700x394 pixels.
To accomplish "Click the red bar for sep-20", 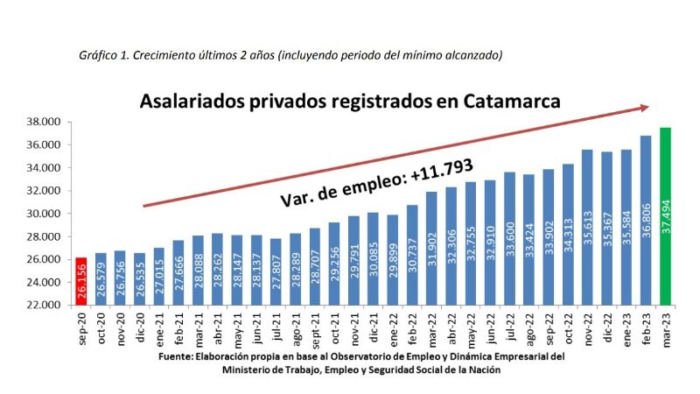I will click(81, 281).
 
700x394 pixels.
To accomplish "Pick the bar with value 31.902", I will click(431, 248).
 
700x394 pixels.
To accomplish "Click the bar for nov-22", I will click(587, 227).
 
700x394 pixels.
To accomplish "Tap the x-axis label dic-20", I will click(140, 327).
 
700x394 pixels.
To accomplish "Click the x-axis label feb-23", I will click(646, 327).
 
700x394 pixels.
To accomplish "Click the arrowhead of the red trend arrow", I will click(643, 108).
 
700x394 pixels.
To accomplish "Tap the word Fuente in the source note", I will click(176, 357).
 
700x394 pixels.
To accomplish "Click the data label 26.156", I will click(81, 284).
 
